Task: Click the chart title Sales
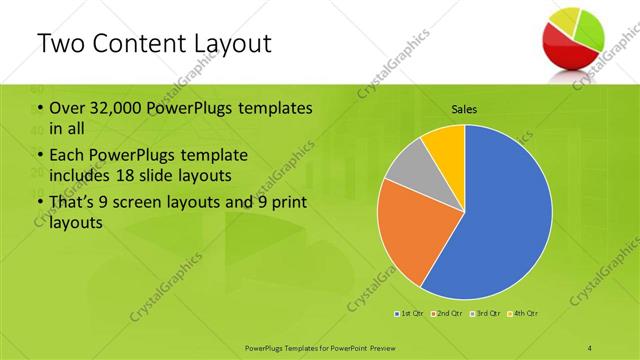[464, 108]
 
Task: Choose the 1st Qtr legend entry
[410, 314]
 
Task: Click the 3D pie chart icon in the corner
[573, 36]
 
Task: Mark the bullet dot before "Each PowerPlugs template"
[39, 156]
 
